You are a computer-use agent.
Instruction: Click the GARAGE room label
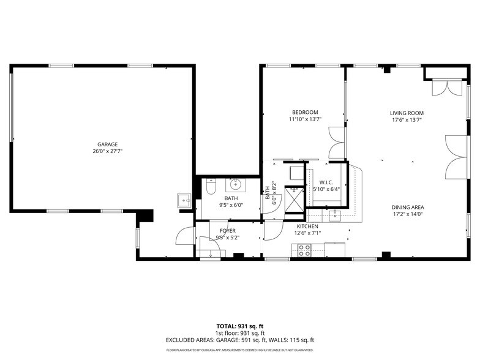click(x=107, y=144)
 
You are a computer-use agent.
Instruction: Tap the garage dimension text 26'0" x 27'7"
click(x=107, y=151)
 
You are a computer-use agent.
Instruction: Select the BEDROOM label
click(x=304, y=112)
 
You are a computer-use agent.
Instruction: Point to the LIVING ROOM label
click(x=407, y=113)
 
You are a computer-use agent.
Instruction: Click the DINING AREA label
click(x=408, y=207)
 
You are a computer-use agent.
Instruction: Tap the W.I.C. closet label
click(x=325, y=182)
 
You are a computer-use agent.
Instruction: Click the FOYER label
click(x=227, y=231)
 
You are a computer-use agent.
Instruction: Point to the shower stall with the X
click(x=296, y=198)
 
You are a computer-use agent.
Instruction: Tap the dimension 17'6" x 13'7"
click(x=407, y=120)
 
